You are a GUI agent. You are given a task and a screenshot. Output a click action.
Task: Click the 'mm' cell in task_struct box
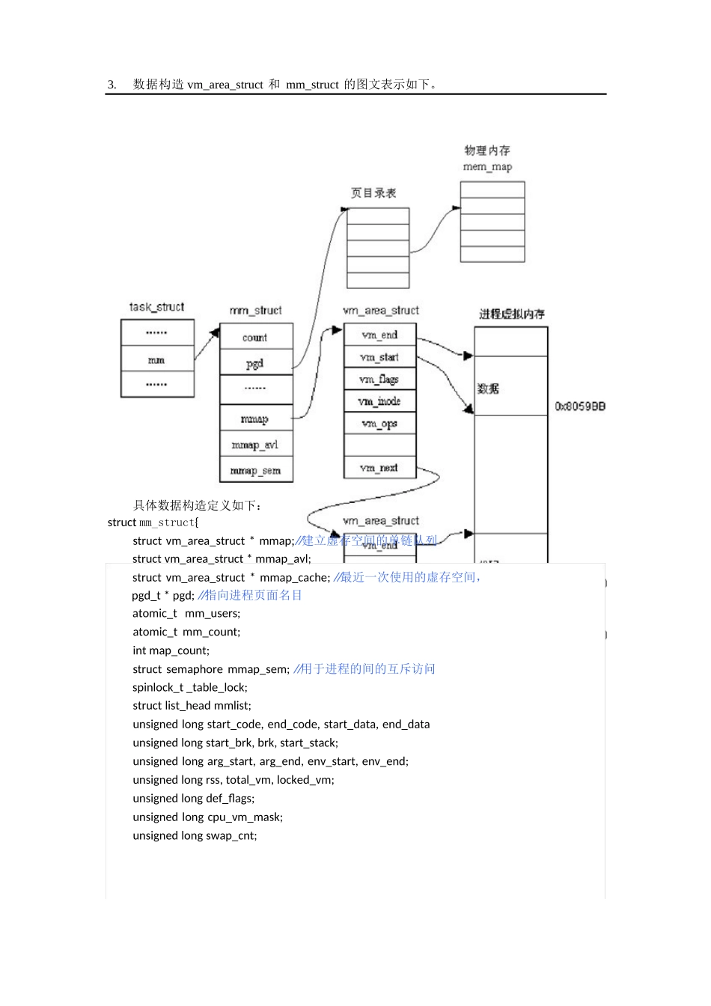pos(156,360)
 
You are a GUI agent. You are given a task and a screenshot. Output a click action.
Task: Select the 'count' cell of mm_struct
pos(255,338)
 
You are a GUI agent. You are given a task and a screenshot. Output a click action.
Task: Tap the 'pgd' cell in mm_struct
pos(255,364)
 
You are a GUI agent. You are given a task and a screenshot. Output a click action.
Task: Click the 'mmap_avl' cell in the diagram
pos(255,445)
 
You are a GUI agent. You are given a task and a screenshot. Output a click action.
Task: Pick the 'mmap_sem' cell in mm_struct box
pos(255,471)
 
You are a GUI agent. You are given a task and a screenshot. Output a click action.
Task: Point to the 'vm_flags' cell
pos(379,379)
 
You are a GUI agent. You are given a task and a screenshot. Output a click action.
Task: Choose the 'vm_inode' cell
pos(379,402)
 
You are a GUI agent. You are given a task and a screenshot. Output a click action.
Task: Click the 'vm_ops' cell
pos(379,424)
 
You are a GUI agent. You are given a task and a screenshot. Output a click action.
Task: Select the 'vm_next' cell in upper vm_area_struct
pos(379,468)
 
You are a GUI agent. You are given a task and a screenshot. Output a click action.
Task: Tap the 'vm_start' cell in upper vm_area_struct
pos(379,358)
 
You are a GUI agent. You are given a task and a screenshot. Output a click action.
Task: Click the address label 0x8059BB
pos(580,406)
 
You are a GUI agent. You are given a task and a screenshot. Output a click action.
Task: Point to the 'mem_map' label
pos(488,167)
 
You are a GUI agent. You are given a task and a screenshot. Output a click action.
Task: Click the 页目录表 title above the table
pos(373,193)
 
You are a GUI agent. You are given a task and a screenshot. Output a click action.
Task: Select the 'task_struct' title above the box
pos(156,307)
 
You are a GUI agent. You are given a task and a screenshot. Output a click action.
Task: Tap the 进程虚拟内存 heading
pos(512,314)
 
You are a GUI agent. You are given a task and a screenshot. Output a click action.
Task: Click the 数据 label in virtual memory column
pos(488,388)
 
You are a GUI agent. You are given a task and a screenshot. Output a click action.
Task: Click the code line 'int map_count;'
pos(171,650)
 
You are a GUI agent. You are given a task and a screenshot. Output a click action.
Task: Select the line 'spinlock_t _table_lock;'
pos(190,687)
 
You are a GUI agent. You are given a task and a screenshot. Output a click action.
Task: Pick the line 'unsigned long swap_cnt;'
pos(195,835)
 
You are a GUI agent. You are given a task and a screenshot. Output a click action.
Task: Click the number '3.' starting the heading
pos(112,85)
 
